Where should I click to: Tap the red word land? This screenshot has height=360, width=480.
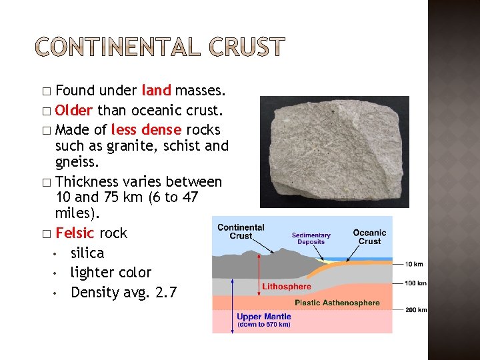point(157,90)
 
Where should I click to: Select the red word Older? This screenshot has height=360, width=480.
point(74,109)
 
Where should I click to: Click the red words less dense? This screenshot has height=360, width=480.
point(146,129)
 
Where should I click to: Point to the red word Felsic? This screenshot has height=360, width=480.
point(75,233)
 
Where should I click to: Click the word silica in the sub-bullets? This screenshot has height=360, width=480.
point(87,253)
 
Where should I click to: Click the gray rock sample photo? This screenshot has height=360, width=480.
point(334,151)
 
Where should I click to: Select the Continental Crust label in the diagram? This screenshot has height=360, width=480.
point(241,231)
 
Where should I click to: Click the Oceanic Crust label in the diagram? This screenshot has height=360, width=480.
point(369,237)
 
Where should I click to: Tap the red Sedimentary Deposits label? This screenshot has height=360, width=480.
point(311,239)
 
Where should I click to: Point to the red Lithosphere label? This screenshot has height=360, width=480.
point(287,287)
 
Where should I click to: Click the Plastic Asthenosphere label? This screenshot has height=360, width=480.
point(337,303)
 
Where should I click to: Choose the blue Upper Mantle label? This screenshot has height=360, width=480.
point(264,316)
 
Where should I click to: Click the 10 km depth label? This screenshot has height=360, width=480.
point(415,265)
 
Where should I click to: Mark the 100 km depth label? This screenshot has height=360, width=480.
point(416,284)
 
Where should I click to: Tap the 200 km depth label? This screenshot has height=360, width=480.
point(416,310)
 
